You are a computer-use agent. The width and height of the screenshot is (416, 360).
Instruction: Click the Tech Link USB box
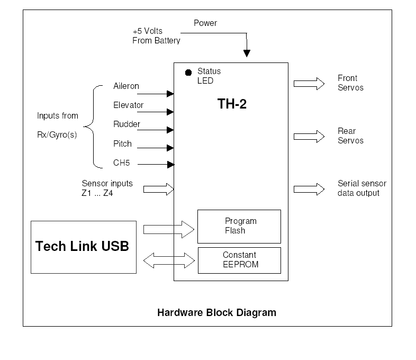pos(84,247)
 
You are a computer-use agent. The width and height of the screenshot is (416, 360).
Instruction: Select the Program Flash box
pos(239,226)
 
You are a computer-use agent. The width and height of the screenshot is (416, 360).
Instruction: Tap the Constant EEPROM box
pos(239,259)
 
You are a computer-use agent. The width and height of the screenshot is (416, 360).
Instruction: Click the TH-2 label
pos(232,104)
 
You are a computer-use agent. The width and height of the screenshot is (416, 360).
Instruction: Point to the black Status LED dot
pos(188,73)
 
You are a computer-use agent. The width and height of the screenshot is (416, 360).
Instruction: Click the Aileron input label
pos(126,86)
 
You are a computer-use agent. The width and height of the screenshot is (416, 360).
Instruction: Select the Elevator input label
pos(128,105)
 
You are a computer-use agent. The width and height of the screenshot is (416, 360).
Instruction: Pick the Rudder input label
pos(126,124)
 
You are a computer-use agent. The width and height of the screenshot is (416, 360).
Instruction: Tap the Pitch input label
pos(122,143)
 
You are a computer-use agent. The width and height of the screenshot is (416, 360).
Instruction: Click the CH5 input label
pos(121,163)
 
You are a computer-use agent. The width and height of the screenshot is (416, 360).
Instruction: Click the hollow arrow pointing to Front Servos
pos(309,83)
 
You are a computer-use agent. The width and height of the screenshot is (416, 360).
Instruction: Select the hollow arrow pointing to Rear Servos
pos(309,136)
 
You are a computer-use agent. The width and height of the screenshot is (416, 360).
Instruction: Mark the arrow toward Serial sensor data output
pos(309,188)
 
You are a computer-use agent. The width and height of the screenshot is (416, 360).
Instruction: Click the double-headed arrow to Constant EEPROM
pos(169,259)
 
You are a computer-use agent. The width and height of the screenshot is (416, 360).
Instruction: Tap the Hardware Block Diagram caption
pos(216,312)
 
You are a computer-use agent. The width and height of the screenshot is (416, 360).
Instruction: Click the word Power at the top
pos(205,23)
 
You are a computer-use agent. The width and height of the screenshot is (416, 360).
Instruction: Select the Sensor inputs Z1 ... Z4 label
pos(107,188)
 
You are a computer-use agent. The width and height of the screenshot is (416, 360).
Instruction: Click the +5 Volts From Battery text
pos(156,35)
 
